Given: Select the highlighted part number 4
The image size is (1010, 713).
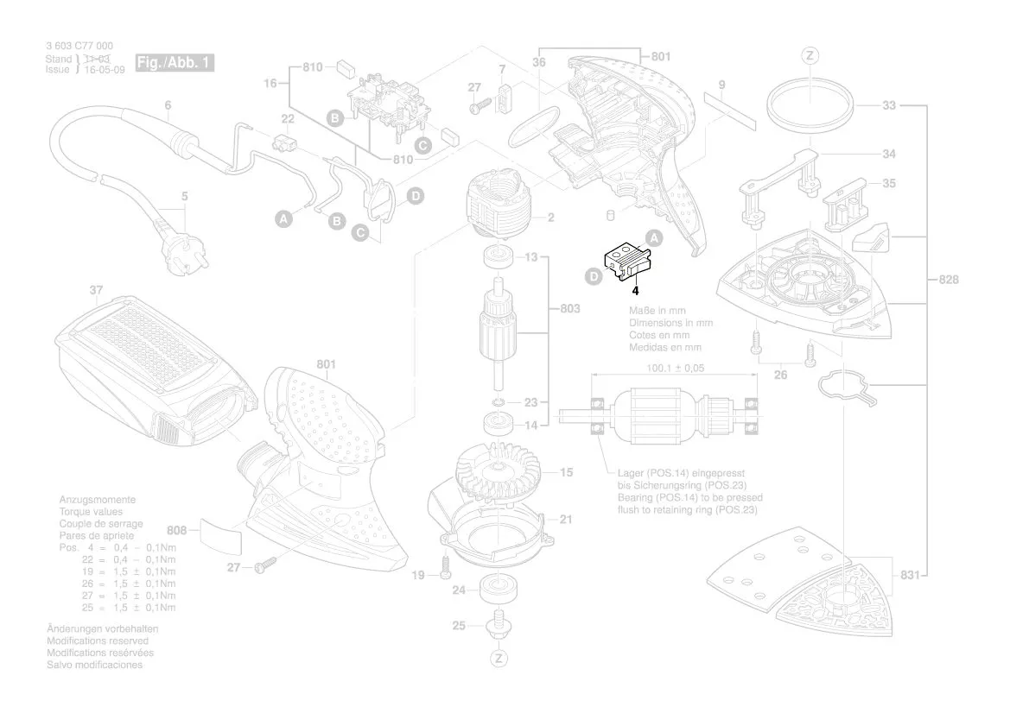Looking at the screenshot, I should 634,292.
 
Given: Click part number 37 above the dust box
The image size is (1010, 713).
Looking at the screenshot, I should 96,291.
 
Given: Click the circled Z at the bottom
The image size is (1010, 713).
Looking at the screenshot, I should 499,659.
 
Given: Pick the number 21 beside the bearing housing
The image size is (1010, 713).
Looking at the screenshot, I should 566,520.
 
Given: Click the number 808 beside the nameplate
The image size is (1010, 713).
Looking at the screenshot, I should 177,530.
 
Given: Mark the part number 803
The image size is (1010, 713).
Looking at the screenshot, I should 570,307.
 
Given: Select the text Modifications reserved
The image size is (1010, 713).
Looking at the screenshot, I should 97,641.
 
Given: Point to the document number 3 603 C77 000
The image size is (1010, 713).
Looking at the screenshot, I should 78,46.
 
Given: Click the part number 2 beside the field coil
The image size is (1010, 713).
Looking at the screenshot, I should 549,218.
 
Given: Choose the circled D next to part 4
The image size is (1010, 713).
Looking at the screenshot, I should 594,277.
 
